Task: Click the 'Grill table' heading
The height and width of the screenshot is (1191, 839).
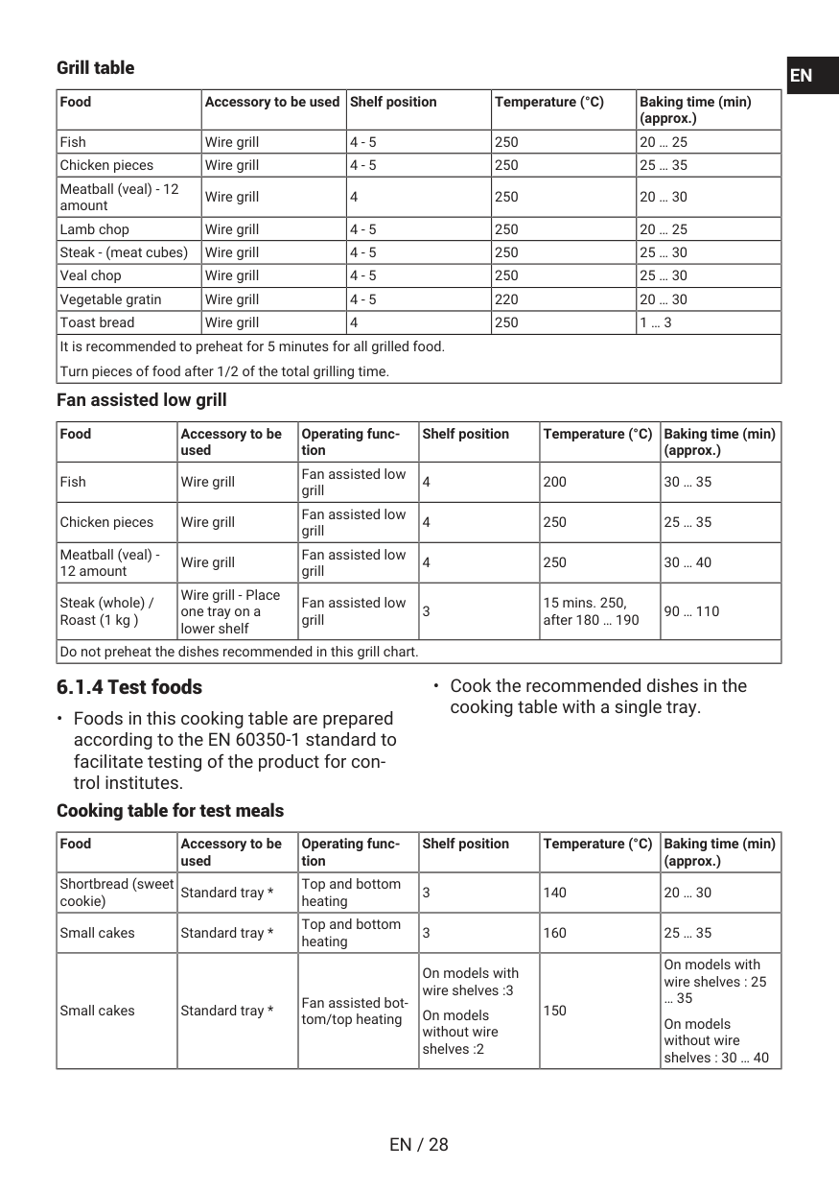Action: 95,68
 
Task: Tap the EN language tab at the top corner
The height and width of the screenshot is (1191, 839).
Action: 801,76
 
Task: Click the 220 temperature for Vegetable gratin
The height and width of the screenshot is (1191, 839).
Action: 506,299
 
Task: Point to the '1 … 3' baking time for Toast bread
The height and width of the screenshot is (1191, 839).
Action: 656,322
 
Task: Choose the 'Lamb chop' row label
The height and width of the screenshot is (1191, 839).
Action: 94,229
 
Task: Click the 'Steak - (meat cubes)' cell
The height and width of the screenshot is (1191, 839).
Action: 124,252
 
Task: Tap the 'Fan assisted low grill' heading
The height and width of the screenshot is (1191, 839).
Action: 141,399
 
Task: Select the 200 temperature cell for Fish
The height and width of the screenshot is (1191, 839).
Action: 554,482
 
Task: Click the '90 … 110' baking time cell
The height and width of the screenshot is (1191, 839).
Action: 691,611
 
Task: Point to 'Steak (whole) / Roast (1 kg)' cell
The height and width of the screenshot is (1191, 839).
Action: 106,611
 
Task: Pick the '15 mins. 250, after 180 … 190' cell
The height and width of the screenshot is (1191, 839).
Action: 591,611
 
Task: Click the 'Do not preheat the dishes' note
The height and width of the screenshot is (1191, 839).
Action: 239,652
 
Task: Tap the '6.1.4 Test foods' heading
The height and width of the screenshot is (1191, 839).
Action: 129,687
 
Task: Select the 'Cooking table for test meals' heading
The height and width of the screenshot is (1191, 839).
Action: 170,811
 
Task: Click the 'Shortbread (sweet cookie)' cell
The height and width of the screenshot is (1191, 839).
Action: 116,893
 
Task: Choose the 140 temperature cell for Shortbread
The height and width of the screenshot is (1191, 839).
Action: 554,893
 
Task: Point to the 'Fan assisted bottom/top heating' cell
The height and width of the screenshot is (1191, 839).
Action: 355,1011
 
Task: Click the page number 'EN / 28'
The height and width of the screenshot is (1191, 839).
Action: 419,1144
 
